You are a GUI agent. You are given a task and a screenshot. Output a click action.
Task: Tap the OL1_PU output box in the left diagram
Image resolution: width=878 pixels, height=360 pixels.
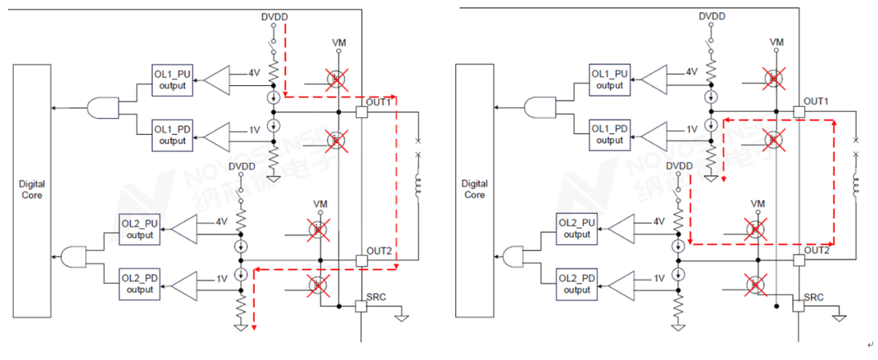172,80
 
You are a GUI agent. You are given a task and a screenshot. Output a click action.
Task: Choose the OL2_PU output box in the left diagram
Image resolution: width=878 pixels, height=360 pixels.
140,229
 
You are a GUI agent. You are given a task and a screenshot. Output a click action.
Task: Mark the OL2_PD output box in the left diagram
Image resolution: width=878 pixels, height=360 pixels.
140,284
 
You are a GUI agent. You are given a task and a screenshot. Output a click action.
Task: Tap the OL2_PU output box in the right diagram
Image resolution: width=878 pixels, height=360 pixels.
578,229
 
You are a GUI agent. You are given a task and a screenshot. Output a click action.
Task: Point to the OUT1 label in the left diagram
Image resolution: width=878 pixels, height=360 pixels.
378,102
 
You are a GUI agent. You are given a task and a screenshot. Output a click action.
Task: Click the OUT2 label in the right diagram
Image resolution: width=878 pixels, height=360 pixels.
817,250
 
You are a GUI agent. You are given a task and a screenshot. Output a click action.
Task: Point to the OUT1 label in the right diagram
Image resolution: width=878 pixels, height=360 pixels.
816,102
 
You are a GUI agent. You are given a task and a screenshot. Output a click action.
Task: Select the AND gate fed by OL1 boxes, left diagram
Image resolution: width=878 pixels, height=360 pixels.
104,107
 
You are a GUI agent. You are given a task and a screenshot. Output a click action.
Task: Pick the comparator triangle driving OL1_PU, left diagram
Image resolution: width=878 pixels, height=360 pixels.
215,80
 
